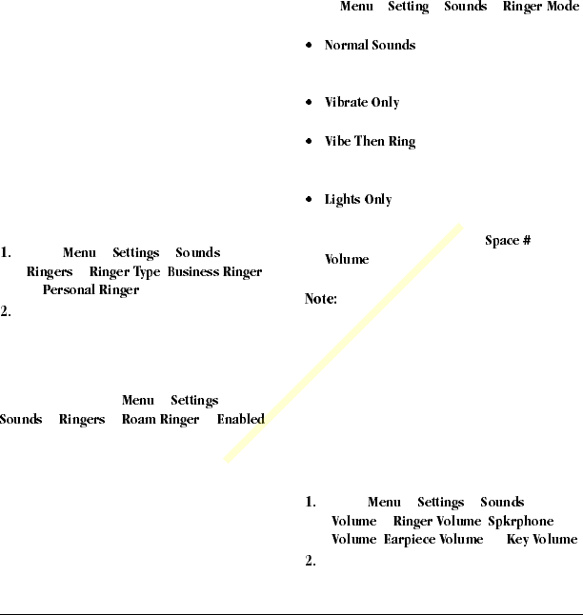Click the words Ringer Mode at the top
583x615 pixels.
click(x=540, y=7)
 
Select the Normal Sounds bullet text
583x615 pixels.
click(x=370, y=45)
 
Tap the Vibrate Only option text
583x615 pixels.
click(x=362, y=102)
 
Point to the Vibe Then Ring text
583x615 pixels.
click(x=370, y=142)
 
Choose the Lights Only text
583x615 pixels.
click(x=358, y=200)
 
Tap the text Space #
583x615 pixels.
click(x=508, y=241)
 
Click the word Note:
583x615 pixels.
click(x=320, y=299)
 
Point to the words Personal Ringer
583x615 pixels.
click(x=90, y=290)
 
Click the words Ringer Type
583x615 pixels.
click(x=124, y=272)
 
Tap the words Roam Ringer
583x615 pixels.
click(x=160, y=419)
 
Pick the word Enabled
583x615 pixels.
click(x=240, y=419)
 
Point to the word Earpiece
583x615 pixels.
click(x=408, y=540)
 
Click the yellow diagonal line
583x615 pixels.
click(x=343, y=343)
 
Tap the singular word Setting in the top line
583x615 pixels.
click(x=409, y=7)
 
